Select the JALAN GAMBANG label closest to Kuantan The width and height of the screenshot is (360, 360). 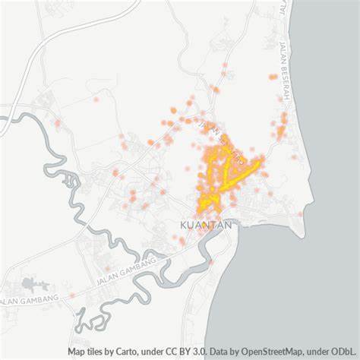126,271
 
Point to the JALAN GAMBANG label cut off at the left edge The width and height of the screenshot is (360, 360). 29,301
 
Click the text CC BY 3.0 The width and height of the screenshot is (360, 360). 182,352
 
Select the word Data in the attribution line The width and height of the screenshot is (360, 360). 220,352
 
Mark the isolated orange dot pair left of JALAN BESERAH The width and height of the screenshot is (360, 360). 273,77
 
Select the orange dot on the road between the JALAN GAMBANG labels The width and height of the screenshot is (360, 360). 72,295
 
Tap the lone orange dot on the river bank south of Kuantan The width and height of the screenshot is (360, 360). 210,262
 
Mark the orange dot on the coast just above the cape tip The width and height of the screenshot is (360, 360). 299,214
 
